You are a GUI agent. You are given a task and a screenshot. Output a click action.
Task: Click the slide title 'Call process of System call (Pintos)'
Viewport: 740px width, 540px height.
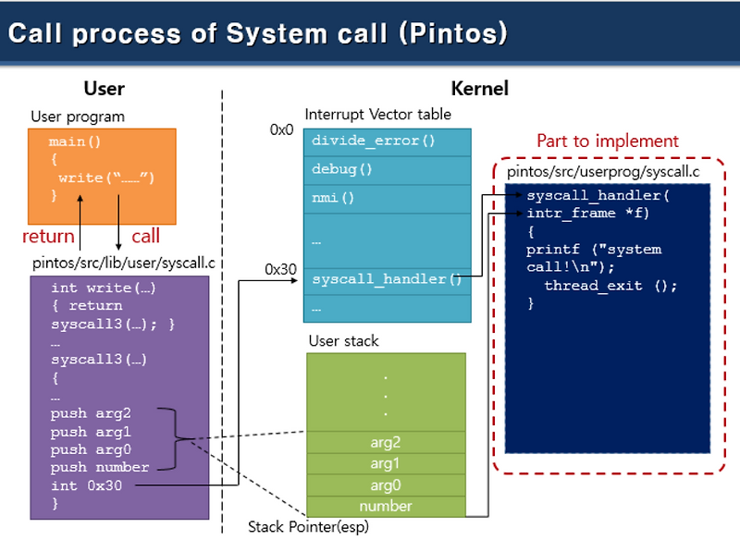[258, 33]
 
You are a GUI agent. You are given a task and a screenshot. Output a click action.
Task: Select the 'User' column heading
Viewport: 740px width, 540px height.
[104, 90]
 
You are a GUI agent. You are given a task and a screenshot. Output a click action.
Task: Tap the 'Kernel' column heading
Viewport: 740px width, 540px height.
[479, 90]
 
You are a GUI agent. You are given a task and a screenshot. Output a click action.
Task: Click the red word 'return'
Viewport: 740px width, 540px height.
[48, 237]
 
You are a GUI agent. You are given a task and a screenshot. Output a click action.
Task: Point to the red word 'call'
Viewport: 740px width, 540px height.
[145, 237]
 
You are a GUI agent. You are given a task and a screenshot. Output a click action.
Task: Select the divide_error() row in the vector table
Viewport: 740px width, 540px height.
[387, 141]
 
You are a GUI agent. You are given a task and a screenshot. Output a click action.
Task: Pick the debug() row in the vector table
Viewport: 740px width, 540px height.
[387, 169]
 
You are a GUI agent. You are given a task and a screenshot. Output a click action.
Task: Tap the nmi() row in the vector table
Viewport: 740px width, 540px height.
[387, 197]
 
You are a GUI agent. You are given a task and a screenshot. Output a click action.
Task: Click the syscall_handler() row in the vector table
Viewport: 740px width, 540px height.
[387, 279]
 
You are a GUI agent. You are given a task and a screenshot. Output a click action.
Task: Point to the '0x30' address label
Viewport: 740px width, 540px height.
[279, 270]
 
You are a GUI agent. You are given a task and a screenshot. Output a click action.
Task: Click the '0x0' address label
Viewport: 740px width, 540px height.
[281, 130]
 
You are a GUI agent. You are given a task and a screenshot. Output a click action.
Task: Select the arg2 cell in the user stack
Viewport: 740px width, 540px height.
[386, 442]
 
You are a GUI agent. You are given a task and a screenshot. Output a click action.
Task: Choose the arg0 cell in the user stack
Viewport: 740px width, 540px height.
[386, 485]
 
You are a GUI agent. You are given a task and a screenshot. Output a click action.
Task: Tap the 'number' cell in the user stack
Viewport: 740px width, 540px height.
[386, 506]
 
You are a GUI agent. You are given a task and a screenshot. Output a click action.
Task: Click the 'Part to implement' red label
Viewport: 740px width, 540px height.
[608, 141]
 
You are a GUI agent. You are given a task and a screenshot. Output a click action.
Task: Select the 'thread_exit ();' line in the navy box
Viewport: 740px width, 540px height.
[610, 286]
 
